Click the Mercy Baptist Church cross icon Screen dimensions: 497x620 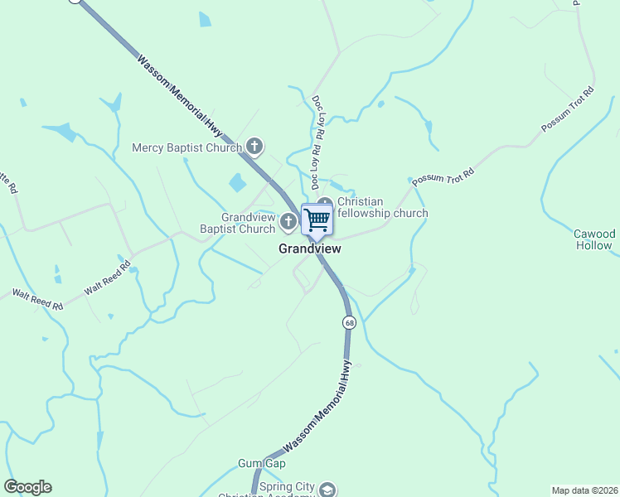[x=254, y=147]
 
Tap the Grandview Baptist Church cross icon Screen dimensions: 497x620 [x=288, y=220]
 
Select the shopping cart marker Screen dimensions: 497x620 [x=317, y=220]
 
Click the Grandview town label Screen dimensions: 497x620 [x=309, y=248]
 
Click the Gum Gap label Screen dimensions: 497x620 [x=261, y=463]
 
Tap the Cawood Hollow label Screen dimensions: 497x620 [x=594, y=239]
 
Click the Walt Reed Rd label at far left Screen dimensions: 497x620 [x=36, y=299]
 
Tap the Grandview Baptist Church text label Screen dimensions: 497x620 [x=237, y=223]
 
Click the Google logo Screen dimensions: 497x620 [x=27, y=487]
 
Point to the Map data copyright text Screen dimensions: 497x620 [x=584, y=490]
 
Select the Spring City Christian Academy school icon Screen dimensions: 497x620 [x=328, y=490]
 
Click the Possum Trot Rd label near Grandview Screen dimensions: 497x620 [x=443, y=176]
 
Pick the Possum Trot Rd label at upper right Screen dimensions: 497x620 [x=568, y=109]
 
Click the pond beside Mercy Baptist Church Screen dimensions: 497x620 [x=238, y=182]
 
